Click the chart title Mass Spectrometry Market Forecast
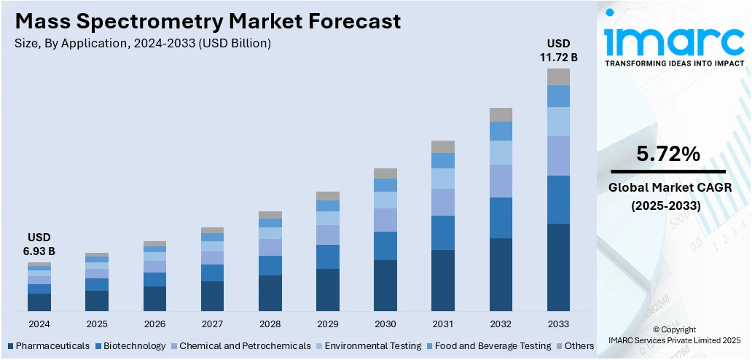(x=208, y=21)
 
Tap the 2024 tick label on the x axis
(x=39, y=324)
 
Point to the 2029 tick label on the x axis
(x=328, y=324)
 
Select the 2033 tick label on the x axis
(x=558, y=324)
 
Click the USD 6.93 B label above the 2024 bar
(x=40, y=244)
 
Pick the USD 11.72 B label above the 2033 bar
(x=558, y=50)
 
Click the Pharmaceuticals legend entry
(x=49, y=345)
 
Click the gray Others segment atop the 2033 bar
(x=558, y=77)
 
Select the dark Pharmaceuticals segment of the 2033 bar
(x=558, y=267)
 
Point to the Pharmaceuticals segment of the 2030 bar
(x=385, y=286)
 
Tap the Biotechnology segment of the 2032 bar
(x=501, y=218)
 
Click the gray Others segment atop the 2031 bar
(x=443, y=146)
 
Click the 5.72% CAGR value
(x=667, y=154)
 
